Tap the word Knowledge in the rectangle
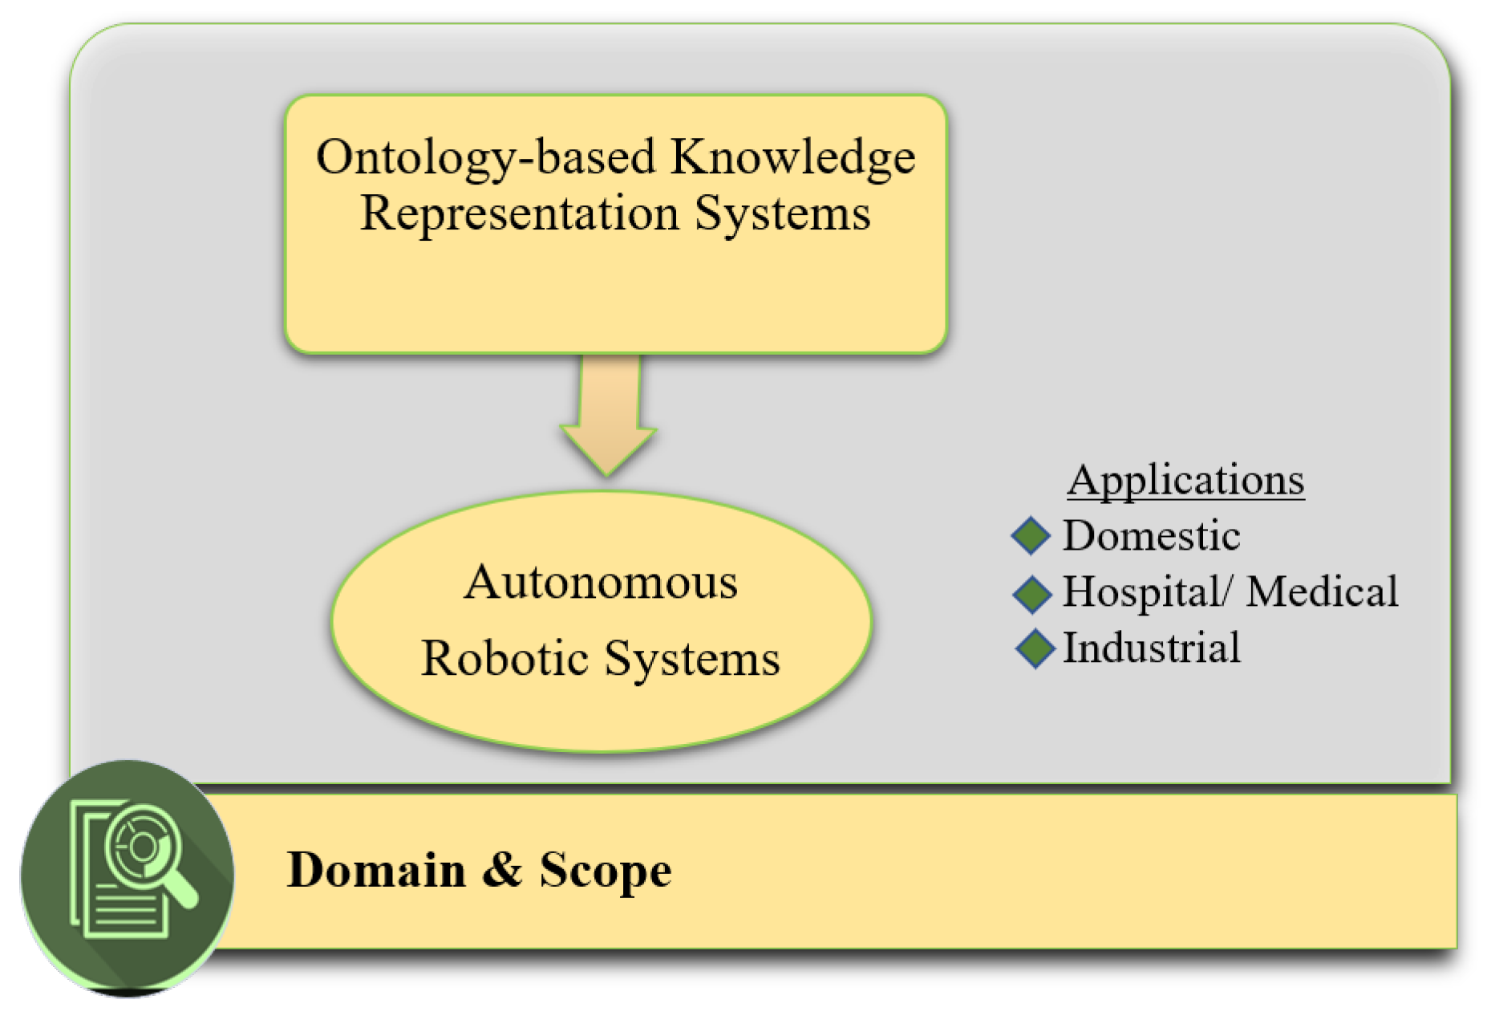click(793, 157)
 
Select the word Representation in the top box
click(519, 213)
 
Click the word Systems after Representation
click(782, 213)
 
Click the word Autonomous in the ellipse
click(601, 582)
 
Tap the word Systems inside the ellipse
click(691, 659)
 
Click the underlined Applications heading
click(1185, 480)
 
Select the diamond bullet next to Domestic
click(1031, 535)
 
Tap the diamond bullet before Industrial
click(1035, 648)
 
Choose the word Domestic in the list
click(1151, 535)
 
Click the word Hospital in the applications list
click(1141, 592)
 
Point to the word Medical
click(1322, 591)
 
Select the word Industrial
click(1151, 648)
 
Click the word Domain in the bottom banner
click(376, 870)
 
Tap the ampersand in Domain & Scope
click(502, 870)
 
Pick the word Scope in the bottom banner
click(605, 872)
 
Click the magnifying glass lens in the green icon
click(143, 846)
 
